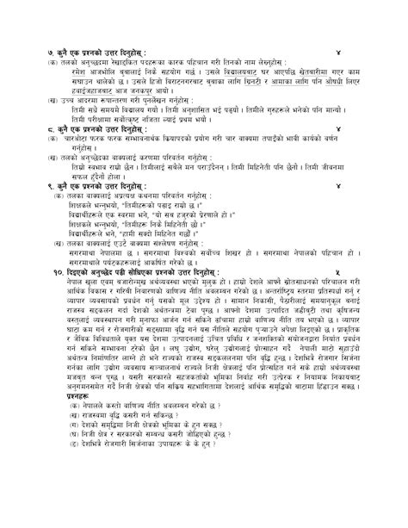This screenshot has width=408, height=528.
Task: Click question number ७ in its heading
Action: coord(49,54)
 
